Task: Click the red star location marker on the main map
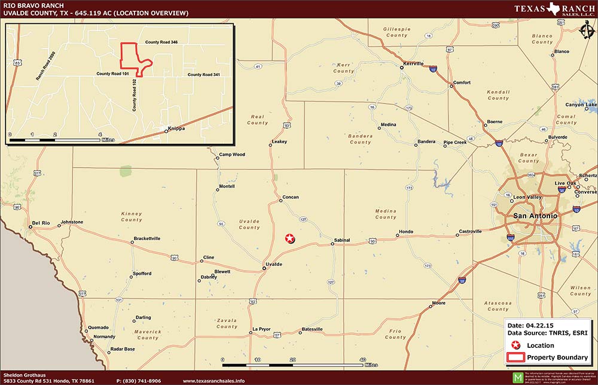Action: (290, 238)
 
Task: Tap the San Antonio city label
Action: (535, 216)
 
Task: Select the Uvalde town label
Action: (273, 264)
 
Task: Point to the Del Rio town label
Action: (40, 222)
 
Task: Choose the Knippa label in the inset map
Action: (176, 129)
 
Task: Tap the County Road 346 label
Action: (161, 43)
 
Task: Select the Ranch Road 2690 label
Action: (45, 66)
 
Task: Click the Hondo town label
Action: (405, 232)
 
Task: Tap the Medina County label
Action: (386, 214)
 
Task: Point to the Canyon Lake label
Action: (581, 105)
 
